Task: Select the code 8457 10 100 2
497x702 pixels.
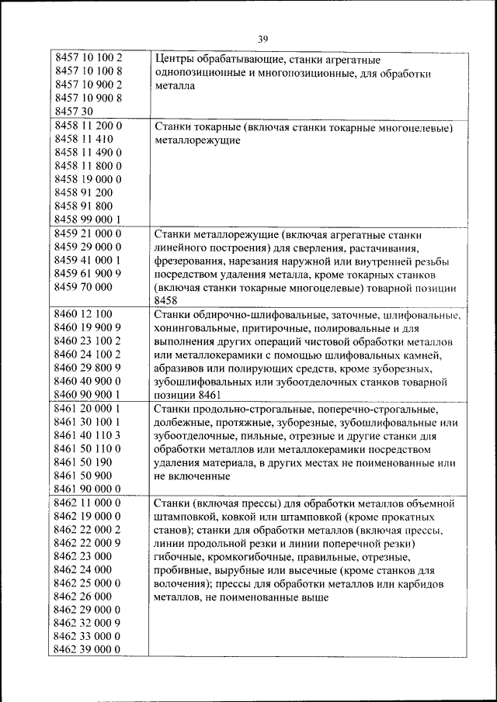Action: tap(89, 58)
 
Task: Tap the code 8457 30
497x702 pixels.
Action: tap(75, 111)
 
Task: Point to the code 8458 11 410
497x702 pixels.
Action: tap(84, 138)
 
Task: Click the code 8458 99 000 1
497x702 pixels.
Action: tap(89, 219)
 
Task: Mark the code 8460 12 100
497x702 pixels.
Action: tap(84, 314)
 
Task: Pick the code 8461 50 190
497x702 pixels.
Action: tap(84, 462)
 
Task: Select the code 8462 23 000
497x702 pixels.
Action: tap(84, 556)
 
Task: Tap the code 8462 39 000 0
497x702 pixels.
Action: tap(89, 649)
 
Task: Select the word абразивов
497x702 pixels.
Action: tap(181, 368)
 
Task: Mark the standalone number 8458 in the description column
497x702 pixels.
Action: tap(166, 299)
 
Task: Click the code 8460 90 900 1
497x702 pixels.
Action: tap(89, 395)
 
